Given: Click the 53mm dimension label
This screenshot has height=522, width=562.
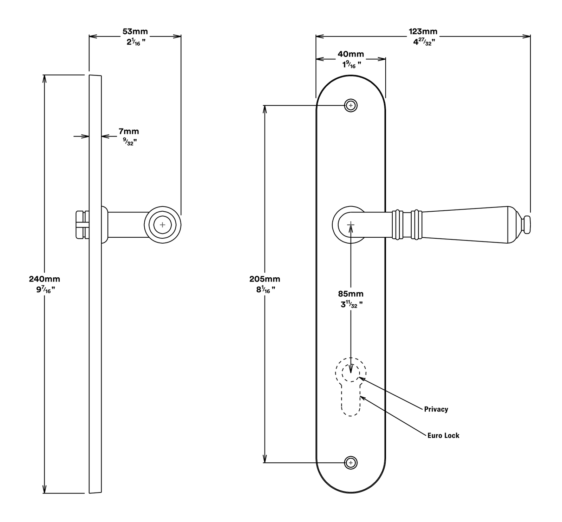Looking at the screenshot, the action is pyautogui.click(x=135, y=32).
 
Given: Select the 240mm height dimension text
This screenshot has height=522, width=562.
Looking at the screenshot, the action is pyautogui.click(x=45, y=279).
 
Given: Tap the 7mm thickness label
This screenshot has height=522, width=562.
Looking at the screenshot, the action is pyautogui.click(x=129, y=132).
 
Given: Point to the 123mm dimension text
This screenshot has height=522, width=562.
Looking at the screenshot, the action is pyautogui.click(x=423, y=32).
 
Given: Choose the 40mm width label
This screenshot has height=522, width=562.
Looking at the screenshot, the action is pyautogui.click(x=351, y=54).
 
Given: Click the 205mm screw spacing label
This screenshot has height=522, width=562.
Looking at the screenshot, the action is pyautogui.click(x=265, y=279).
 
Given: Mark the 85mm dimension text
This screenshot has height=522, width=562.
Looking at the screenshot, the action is pyautogui.click(x=351, y=294).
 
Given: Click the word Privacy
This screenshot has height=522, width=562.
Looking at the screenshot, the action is pyautogui.click(x=436, y=409).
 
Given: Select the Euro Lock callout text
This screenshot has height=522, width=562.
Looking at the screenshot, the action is pyautogui.click(x=443, y=436).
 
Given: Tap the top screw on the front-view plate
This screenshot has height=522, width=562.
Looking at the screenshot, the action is pyautogui.click(x=351, y=105).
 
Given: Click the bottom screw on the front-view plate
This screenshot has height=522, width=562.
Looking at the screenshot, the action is pyautogui.click(x=351, y=463).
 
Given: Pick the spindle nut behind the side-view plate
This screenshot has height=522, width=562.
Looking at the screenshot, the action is pyautogui.click(x=82, y=225).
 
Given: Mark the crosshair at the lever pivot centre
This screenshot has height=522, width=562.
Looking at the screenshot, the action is pyautogui.click(x=351, y=224).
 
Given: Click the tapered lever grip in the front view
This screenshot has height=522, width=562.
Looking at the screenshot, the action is pyautogui.click(x=465, y=225).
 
